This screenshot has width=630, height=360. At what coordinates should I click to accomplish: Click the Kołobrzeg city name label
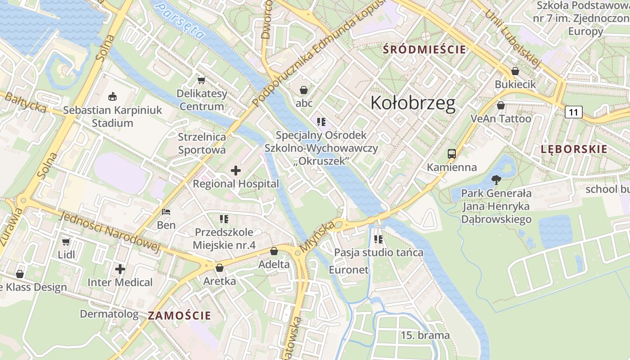[x=413, y=103]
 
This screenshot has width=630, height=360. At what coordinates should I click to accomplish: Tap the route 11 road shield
[x=574, y=112]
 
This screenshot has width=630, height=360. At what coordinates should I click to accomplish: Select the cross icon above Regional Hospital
[x=236, y=171]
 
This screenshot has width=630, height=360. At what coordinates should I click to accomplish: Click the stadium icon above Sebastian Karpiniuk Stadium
[x=112, y=96]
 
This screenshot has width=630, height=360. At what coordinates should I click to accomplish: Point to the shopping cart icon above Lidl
[x=66, y=242]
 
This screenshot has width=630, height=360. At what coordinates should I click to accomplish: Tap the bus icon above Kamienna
[x=452, y=154]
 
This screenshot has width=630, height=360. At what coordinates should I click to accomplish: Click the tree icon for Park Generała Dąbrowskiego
[x=496, y=180]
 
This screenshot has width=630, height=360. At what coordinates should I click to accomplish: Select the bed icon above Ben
[x=166, y=211]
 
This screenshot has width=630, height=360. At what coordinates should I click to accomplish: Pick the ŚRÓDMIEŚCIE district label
[x=424, y=49]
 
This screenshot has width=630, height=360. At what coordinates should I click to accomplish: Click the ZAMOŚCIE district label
[x=180, y=315]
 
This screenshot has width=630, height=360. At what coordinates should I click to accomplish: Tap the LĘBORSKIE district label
[x=574, y=149]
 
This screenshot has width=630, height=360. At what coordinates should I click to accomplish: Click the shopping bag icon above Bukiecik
[x=515, y=71]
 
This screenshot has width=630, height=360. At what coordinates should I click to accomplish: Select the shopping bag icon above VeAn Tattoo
[x=500, y=105]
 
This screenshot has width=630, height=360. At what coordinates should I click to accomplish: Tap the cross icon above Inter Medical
[x=120, y=269]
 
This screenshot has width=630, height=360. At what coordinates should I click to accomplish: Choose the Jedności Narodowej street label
[x=109, y=232]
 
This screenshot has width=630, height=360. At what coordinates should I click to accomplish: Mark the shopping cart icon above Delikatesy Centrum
[x=202, y=80]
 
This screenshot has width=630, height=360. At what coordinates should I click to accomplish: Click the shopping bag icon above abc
[x=304, y=90]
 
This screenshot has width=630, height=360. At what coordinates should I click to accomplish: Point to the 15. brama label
[x=425, y=335]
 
